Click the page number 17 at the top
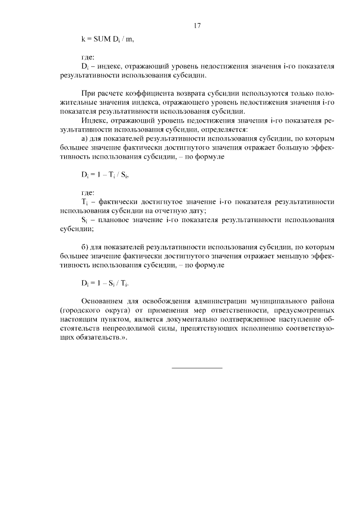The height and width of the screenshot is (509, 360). pos(197,25)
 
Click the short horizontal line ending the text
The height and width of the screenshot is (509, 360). pos(197,368)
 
